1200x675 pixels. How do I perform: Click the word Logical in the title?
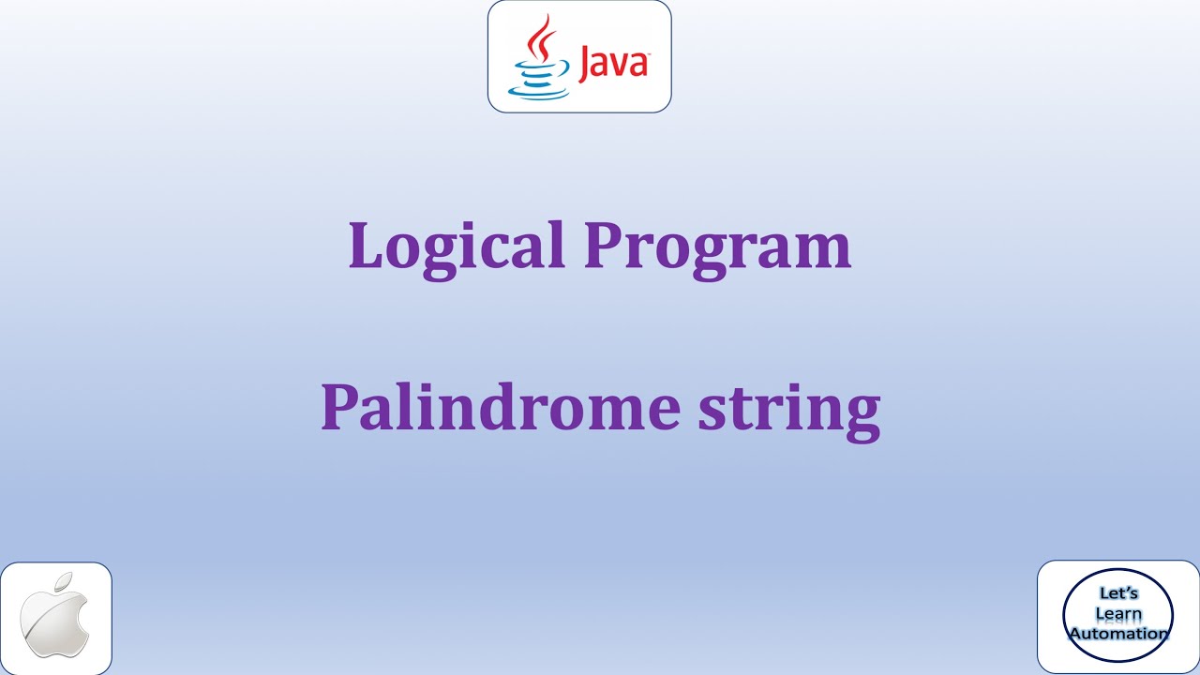456,246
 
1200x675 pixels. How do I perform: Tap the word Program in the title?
717,246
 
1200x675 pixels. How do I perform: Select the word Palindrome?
500,408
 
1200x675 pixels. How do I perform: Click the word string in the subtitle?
789,410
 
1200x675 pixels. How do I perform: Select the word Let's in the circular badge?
1117,594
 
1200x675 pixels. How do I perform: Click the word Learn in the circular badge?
1117,614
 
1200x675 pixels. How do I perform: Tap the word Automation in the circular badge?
1118,634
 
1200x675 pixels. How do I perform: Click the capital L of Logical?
365,246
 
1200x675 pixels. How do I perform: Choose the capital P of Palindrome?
339,408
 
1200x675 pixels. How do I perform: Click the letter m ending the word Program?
825,251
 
